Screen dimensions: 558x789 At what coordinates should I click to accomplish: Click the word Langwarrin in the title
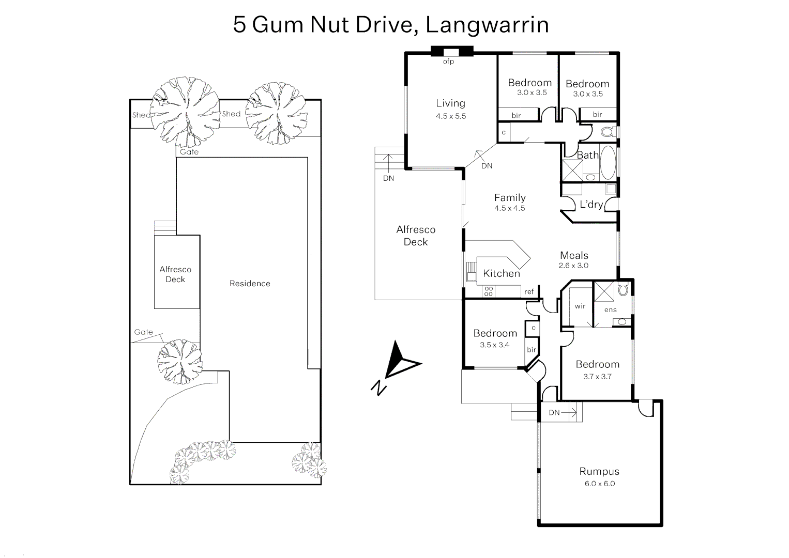click(x=487, y=25)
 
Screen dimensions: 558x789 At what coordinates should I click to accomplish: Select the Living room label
click(x=450, y=103)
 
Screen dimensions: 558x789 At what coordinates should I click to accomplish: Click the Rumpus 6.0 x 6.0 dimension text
click(x=600, y=484)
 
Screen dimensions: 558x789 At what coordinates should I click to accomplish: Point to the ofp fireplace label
click(x=448, y=62)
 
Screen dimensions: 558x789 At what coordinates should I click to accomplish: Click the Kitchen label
click(x=501, y=274)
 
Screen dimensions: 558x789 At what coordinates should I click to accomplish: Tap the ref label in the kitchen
click(x=529, y=292)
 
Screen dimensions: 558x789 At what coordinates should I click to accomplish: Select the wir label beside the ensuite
click(x=580, y=306)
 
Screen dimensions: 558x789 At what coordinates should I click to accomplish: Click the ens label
click(x=610, y=310)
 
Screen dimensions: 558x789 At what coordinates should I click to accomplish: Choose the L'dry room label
click(x=591, y=205)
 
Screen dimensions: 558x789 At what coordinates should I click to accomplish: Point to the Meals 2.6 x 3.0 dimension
click(x=573, y=266)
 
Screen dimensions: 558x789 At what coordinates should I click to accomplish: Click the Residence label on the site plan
click(x=250, y=284)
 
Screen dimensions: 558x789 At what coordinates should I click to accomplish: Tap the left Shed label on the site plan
click(x=141, y=115)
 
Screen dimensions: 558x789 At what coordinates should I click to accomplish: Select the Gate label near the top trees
click(x=189, y=152)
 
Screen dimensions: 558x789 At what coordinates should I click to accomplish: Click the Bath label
click(x=587, y=155)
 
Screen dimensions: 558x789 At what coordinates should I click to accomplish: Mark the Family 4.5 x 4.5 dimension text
click(x=509, y=208)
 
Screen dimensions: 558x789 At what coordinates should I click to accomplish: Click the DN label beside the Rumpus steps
click(x=554, y=412)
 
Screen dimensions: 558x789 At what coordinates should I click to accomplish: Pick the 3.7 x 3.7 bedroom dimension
click(x=597, y=377)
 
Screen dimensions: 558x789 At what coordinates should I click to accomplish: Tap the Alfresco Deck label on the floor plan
click(x=416, y=236)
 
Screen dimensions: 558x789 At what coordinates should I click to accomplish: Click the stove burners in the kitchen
click(x=488, y=292)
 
